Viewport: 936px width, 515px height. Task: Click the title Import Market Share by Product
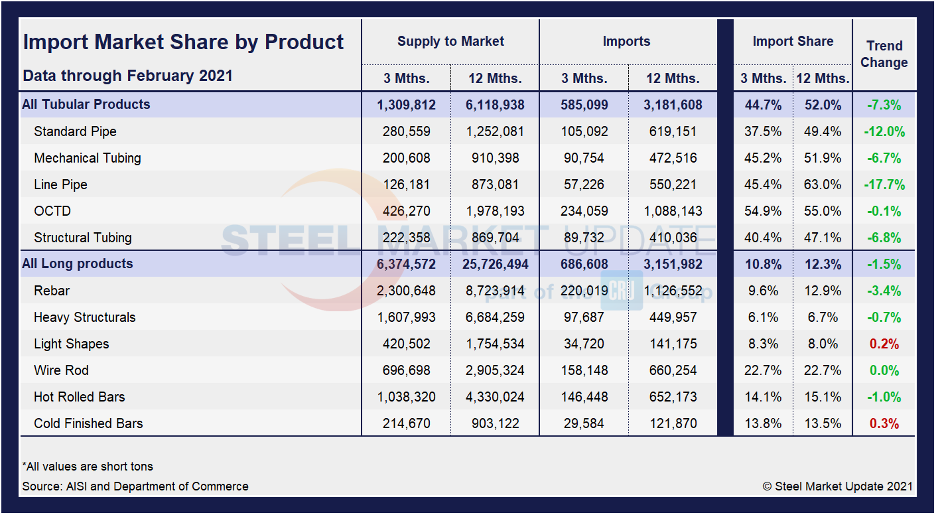click(183, 42)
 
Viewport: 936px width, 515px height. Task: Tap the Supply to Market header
click(450, 41)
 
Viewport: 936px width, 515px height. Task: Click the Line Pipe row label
click(60, 184)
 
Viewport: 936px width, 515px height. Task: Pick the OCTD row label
click(52, 211)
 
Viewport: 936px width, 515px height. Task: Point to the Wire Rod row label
click(61, 370)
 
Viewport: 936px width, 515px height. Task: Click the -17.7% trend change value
click(884, 184)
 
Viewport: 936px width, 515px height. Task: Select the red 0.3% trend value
click(884, 423)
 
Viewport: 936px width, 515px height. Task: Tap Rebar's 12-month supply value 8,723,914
click(495, 291)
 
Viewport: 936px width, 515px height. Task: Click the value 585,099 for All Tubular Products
click(584, 104)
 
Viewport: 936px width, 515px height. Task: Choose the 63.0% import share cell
click(823, 184)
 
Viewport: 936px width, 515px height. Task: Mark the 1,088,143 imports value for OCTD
click(673, 211)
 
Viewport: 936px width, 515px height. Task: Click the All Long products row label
click(78, 263)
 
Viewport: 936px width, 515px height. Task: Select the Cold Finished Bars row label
click(88, 423)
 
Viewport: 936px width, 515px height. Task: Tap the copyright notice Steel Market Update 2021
click(837, 486)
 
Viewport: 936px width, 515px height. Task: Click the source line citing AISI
click(135, 486)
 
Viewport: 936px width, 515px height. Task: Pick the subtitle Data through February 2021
click(127, 76)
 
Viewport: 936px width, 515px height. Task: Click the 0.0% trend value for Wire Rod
click(884, 370)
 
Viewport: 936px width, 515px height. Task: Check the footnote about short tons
click(88, 467)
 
